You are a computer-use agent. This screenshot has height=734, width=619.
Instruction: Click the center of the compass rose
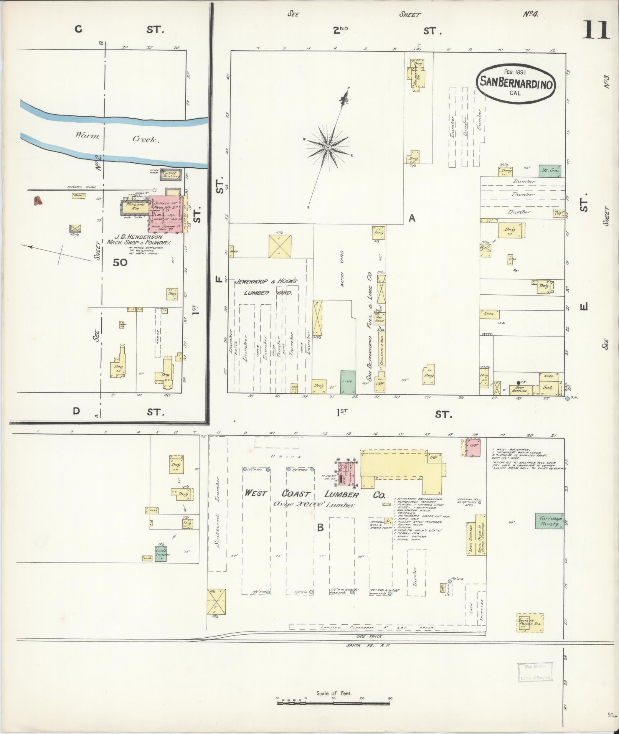pos(328,147)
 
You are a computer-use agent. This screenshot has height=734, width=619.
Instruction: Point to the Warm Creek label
pos(117,137)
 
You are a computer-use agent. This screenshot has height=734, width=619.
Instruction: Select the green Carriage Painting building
pos(550,521)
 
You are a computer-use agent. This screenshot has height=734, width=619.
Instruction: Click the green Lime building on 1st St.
pos(348,382)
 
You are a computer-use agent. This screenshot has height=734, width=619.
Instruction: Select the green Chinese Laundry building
pos(160,554)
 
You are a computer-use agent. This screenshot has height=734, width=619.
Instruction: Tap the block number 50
pos(120,262)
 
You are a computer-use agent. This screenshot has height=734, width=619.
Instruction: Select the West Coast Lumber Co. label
pos(315,494)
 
